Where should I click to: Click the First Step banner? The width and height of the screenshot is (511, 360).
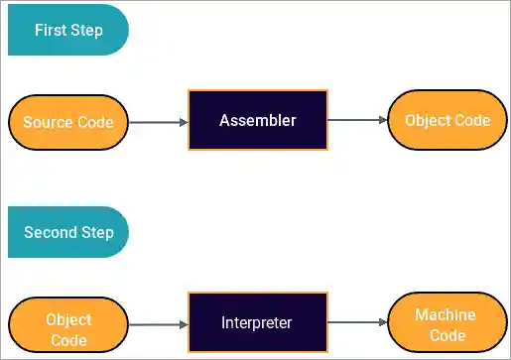(67, 30)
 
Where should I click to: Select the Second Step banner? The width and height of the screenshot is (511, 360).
(67, 233)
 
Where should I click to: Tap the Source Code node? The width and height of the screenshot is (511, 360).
(68, 123)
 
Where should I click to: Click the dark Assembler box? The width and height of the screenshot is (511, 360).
(258, 120)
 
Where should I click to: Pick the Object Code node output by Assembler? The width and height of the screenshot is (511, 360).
(447, 120)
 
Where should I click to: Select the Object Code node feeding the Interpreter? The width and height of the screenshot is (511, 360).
(68, 329)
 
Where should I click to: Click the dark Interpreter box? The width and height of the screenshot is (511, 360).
(258, 323)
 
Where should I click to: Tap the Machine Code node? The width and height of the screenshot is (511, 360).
(446, 325)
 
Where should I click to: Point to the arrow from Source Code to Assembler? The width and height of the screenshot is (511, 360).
(158, 123)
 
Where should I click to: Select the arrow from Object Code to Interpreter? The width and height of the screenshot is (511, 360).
(158, 324)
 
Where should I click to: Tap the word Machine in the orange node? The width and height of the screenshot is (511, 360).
(446, 314)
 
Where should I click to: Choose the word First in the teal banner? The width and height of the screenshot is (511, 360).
(51, 30)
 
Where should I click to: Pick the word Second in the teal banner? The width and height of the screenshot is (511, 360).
(50, 233)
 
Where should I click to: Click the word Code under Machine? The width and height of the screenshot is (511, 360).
(446, 336)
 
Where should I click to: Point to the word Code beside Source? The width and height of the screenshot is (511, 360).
(90, 123)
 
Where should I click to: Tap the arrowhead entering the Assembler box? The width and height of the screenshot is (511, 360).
(183, 123)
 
